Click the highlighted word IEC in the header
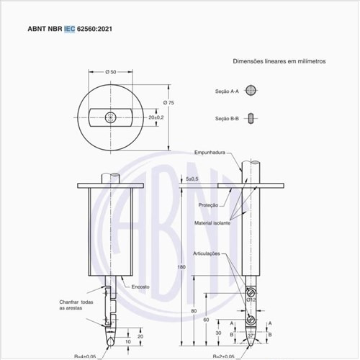click(69, 30)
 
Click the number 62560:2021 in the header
click(94, 30)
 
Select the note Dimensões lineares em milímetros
click(279, 61)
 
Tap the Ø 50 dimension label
click(111, 73)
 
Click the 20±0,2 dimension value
click(156, 117)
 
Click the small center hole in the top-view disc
click(109, 117)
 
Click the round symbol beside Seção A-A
click(250, 91)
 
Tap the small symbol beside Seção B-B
click(250, 117)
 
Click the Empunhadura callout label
click(211, 153)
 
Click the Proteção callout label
click(209, 205)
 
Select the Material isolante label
click(212, 223)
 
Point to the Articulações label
click(211, 253)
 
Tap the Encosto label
click(140, 287)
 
